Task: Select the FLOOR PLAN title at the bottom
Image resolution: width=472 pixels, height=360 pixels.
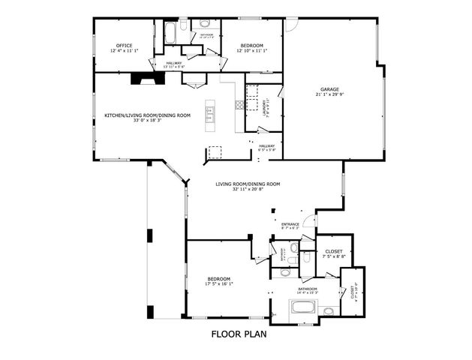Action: tap(238, 334)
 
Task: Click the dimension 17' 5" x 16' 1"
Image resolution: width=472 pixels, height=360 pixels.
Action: tap(219, 283)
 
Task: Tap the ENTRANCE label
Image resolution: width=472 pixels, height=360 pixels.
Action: tap(290, 224)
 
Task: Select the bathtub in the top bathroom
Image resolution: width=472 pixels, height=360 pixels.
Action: tap(170, 34)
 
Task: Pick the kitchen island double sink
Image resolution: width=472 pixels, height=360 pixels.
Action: tap(212, 115)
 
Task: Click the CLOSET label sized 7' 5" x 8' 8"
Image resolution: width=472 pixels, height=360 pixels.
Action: tap(334, 251)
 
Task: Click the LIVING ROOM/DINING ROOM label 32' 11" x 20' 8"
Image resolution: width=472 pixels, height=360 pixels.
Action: tap(247, 184)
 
